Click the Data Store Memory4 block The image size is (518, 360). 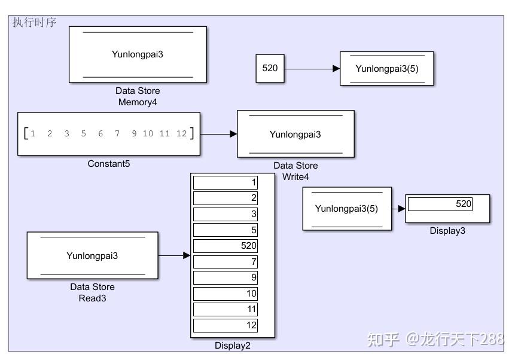(138, 54)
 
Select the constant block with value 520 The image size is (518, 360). (270, 68)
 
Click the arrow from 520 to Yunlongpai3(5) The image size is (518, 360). (311, 69)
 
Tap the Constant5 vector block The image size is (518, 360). (108, 134)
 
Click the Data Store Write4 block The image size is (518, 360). (295, 134)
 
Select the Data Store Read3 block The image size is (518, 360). (92, 256)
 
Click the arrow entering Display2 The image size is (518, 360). (174, 256)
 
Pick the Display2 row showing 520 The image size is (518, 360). (226, 246)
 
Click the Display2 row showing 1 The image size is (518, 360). (226, 183)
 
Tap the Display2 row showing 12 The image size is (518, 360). (226, 325)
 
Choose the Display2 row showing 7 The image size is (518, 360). (226, 262)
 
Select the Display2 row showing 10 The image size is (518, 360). (226, 294)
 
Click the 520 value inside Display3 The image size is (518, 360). (463, 204)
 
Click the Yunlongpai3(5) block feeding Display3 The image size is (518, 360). (347, 209)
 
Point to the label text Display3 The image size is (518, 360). (447, 231)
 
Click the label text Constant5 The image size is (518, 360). (108, 163)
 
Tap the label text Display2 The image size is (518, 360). (233, 345)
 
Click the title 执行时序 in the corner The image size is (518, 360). (34, 23)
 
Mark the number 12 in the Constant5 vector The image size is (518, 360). (181, 134)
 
